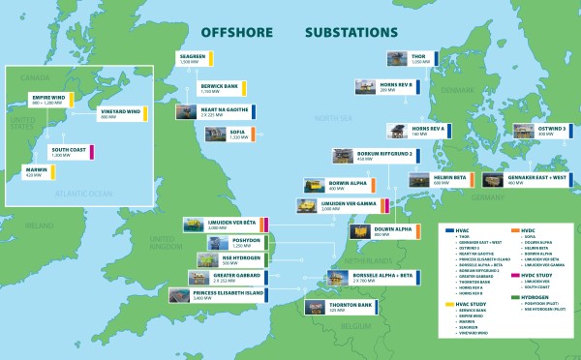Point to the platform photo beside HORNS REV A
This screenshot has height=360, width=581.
[x=397, y=132]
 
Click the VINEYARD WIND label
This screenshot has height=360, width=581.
[x=120, y=113]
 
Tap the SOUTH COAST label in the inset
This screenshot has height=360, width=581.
[x=69, y=153]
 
